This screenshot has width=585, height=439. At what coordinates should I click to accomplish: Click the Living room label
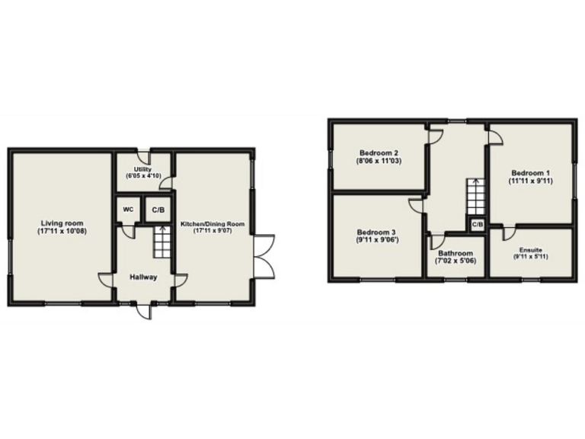tap(62, 223)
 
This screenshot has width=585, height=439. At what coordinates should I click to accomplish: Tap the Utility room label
tap(142, 169)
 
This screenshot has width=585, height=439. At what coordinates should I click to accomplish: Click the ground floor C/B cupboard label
tap(158, 210)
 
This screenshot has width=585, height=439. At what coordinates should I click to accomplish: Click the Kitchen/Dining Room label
tap(213, 223)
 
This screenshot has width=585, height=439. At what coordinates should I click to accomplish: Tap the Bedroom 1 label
tap(530, 172)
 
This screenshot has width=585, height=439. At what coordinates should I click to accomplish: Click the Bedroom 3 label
tap(378, 232)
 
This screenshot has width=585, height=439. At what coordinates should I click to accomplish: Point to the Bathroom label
tap(455, 253)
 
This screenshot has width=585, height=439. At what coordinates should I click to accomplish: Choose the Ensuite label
tap(531, 248)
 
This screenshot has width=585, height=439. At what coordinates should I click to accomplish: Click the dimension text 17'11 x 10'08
tap(62, 231)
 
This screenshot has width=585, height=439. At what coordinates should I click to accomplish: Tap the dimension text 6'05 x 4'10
tap(143, 177)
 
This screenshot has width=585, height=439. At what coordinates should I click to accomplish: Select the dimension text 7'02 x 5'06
tap(455, 261)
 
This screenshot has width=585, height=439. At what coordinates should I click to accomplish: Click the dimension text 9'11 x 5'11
tap(531, 256)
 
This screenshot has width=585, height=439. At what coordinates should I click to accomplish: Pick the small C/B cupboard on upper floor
tap(477, 225)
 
